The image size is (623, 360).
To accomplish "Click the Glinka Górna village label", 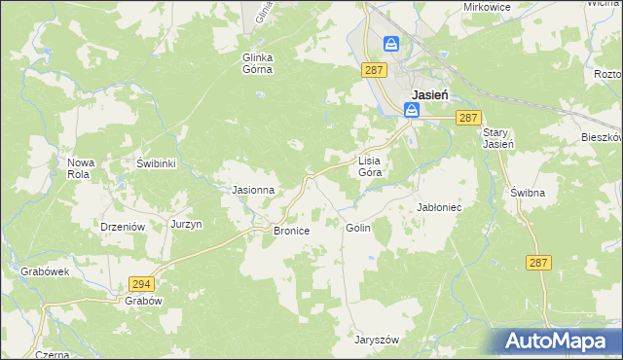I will (258, 63).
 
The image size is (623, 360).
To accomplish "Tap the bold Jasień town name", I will (428, 94).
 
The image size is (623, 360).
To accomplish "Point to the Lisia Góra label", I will (369, 165).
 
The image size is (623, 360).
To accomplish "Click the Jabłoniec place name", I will (438, 208).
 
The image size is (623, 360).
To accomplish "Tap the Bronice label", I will (291, 232).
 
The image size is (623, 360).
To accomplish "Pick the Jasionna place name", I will (252, 190).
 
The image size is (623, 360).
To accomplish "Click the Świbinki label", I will (156, 163).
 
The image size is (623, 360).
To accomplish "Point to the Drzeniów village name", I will (123, 227).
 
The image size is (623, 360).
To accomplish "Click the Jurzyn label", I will (186, 224).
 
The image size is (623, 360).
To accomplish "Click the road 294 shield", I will (140, 283).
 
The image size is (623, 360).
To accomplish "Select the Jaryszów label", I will (378, 340).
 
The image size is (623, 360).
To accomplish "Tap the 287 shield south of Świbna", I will (539, 263).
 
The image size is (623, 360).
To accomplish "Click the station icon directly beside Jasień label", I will (412, 112).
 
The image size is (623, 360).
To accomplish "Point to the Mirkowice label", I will (488, 6).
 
